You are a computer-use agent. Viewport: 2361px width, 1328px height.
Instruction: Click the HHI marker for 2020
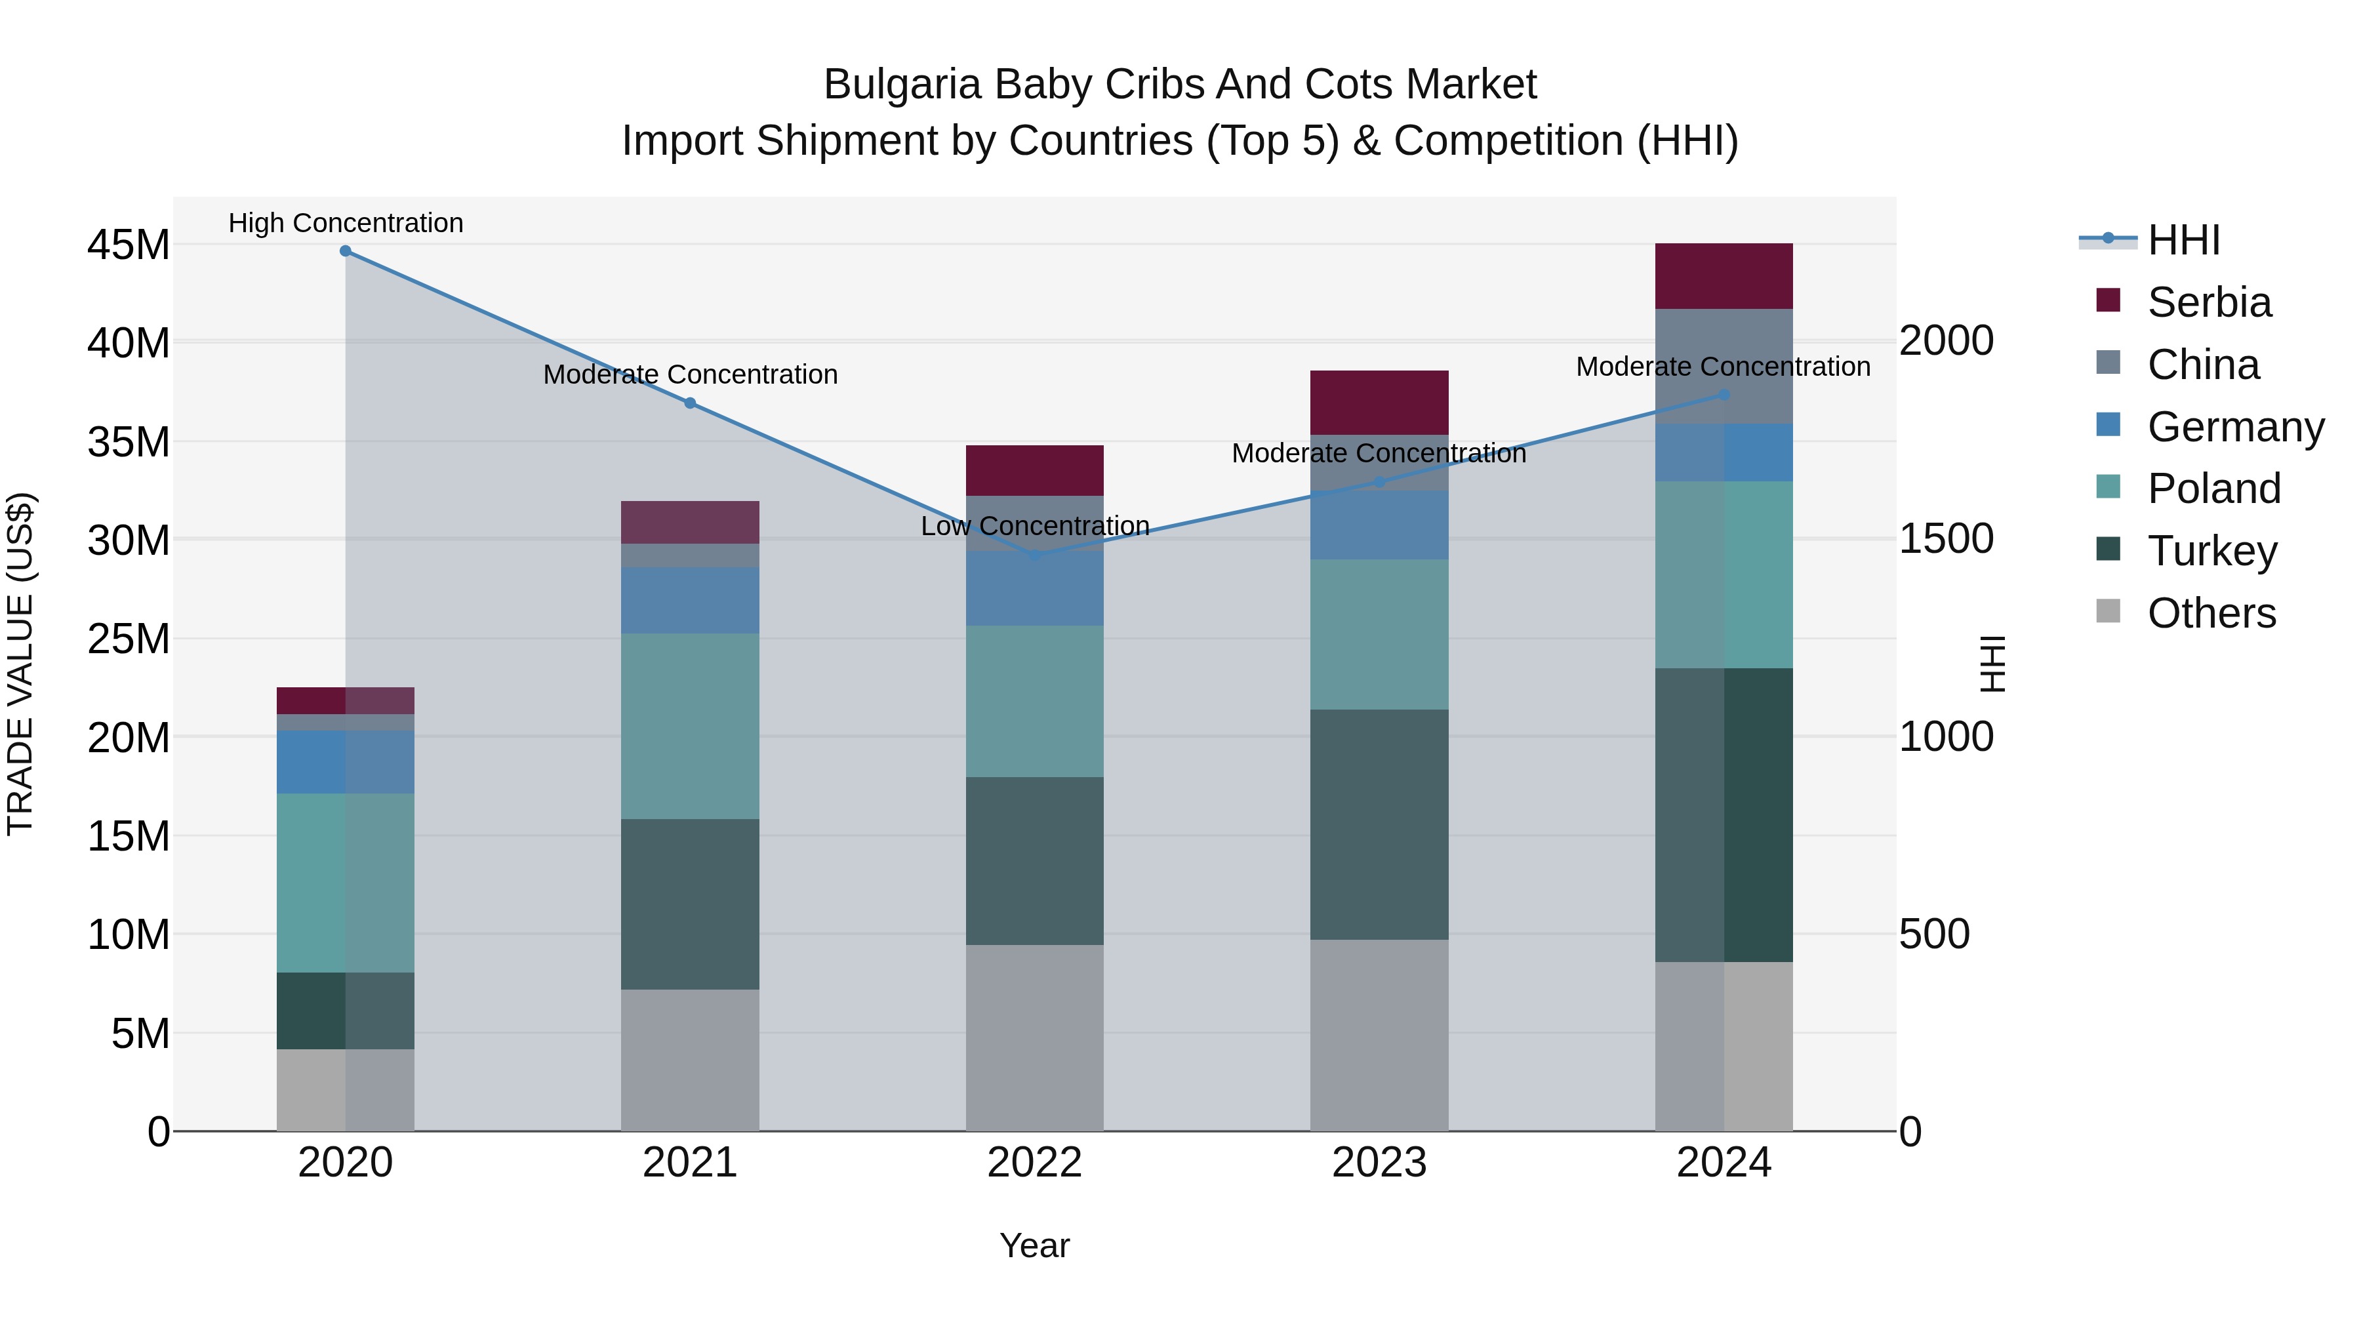[346, 251]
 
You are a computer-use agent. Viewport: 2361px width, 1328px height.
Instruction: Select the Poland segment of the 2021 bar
[690, 726]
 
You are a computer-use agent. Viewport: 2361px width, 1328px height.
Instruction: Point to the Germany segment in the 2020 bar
[346, 761]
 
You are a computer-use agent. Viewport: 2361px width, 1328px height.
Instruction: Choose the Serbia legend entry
[2209, 302]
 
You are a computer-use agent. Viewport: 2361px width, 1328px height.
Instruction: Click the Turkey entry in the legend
[2211, 551]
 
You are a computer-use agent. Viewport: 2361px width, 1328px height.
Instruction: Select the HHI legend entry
[2183, 240]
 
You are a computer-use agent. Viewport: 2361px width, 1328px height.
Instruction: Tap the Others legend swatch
[2108, 611]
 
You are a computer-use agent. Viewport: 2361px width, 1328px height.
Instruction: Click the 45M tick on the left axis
[129, 246]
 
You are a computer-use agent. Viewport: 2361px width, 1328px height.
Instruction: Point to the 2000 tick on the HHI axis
[1946, 341]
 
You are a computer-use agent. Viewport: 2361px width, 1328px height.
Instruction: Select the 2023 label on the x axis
[1379, 1163]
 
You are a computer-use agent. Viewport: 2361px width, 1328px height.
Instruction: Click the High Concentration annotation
[346, 223]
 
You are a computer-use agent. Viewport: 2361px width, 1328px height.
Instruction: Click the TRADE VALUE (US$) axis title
[20, 664]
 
